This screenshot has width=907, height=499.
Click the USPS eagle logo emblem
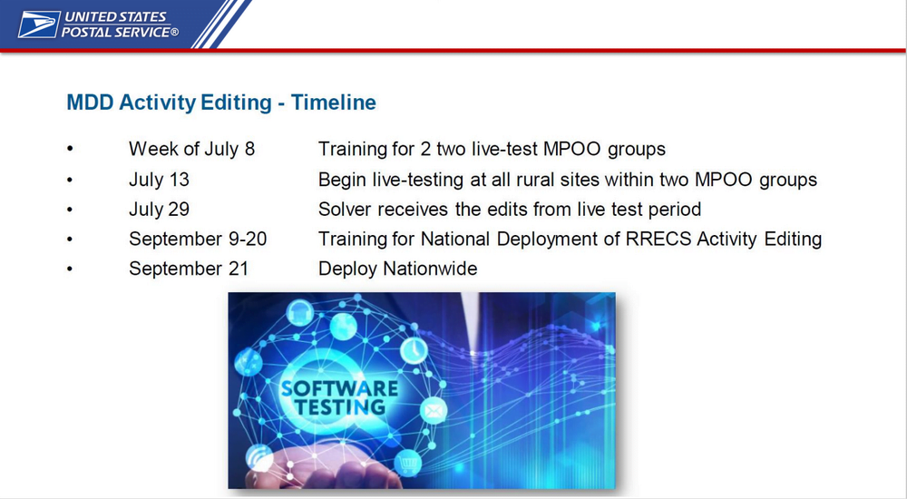point(39,24)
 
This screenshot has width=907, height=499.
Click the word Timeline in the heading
point(333,103)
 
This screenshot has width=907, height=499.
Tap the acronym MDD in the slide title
point(90,103)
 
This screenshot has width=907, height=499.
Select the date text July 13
point(159,180)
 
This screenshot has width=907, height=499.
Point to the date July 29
point(159,209)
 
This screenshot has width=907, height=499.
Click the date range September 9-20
point(198,240)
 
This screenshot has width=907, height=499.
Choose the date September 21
point(189,269)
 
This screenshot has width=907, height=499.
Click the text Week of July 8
point(192,150)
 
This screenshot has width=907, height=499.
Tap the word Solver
point(345,209)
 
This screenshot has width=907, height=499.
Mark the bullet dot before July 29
point(70,210)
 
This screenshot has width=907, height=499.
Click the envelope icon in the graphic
point(434,411)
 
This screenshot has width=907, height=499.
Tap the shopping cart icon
point(408,463)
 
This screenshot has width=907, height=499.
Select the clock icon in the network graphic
point(414,350)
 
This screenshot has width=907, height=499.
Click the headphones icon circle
point(300,313)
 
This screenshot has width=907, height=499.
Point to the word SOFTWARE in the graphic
point(339,388)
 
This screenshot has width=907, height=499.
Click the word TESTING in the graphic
point(339,407)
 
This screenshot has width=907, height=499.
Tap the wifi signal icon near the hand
point(259,459)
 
